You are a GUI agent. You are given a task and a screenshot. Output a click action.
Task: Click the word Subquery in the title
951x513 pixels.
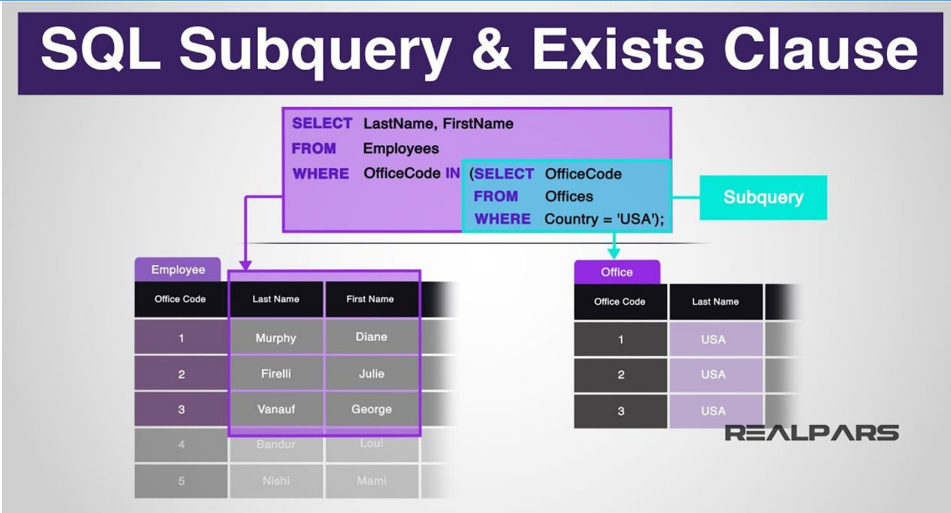click(x=314, y=51)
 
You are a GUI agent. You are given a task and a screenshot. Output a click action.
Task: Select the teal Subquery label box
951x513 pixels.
click(x=763, y=198)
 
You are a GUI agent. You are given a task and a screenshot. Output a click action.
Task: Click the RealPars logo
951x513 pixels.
click(x=812, y=433)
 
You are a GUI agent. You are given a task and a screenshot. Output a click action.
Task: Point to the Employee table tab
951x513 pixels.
click(x=177, y=270)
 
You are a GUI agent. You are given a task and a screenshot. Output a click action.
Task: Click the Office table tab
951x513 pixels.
click(x=616, y=272)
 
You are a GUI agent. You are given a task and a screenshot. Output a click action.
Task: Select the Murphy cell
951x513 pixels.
click(x=276, y=338)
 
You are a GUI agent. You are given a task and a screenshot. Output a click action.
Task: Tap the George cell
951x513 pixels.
click(x=372, y=409)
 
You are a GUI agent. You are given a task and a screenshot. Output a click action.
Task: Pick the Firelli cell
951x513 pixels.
click(x=276, y=374)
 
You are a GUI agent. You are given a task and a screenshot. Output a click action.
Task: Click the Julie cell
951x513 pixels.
click(x=372, y=374)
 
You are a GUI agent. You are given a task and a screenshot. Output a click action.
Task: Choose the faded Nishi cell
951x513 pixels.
click(x=276, y=481)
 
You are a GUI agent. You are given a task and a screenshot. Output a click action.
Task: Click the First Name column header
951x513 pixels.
click(x=370, y=299)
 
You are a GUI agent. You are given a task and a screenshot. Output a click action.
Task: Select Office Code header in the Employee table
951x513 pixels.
click(x=180, y=299)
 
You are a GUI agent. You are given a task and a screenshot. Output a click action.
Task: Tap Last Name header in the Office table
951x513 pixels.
click(x=715, y=302)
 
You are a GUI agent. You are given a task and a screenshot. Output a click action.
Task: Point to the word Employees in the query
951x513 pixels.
click(x=400, y=149)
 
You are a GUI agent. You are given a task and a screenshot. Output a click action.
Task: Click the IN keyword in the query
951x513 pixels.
click(x=452, y=173)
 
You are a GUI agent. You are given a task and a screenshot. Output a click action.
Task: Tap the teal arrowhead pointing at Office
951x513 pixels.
click(x=614, y=253)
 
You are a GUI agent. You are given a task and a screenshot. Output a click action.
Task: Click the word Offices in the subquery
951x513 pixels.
click(x=569, y=196)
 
